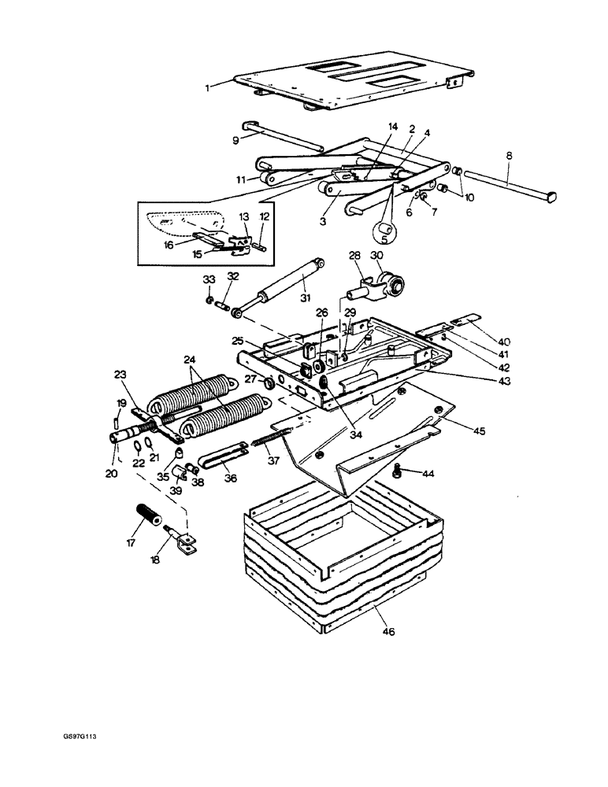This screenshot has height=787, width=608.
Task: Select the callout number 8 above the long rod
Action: click(x=510, y=157)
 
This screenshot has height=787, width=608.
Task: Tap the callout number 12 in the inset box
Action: click(x=265, y=216)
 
